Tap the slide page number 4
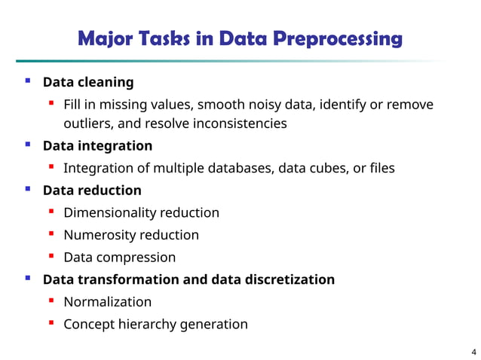coord(473,352)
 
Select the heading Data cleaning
coord(88,81)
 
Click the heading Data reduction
coord(92,190)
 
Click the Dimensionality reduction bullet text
coord(141,212)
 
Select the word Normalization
coord(107,302)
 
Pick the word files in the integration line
coord(381,167)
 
